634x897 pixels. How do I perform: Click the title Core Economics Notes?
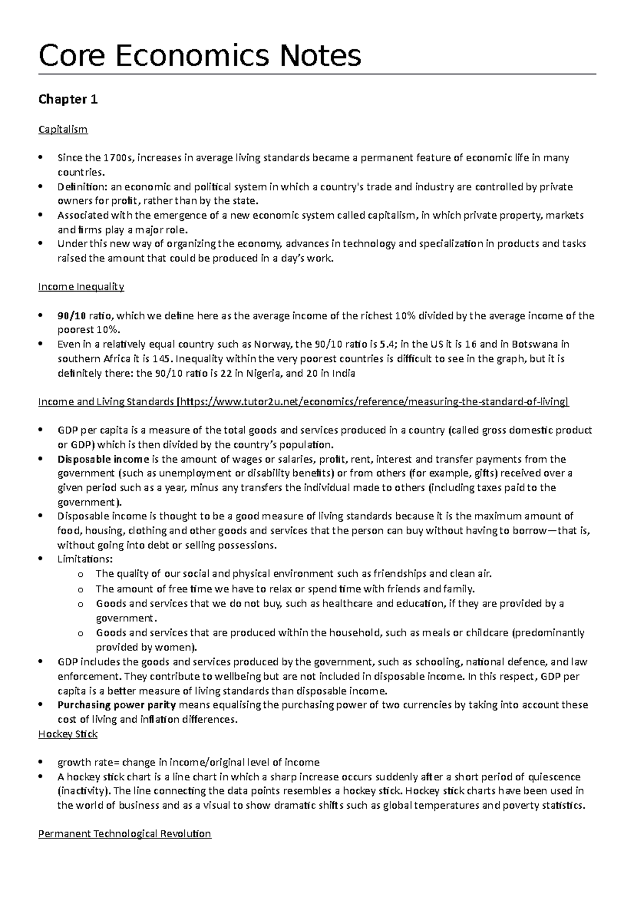pos(200,55)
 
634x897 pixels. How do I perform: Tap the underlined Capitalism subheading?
pos(63,129)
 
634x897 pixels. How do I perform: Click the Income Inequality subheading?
pos(81,287)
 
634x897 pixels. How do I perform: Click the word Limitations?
pos(85,559)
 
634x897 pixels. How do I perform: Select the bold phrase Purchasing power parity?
pos(117,705)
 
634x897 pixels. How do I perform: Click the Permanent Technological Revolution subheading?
pos(125,834)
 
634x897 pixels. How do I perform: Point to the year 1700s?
pos(119,158)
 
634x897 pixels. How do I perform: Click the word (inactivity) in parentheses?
pos(84,791)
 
